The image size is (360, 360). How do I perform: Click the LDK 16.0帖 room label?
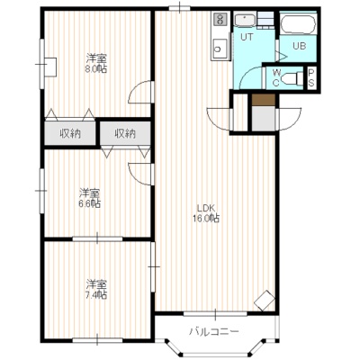pos(206,213)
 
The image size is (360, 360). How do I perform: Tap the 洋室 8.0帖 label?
pos(96,63)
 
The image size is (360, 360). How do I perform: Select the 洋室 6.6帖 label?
pos(90,198)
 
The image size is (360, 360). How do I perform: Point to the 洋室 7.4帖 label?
pos(96,290)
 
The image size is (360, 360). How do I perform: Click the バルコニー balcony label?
pos(214,332)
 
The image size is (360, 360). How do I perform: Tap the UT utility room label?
pos(247,37)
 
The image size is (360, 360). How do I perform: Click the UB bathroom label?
pos(300,46)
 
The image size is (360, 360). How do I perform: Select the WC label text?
pos(276,78)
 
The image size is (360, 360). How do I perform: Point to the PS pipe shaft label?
pos(311,77)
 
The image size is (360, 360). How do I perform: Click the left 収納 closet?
pos(70,133)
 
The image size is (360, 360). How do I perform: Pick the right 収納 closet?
pos(125,133)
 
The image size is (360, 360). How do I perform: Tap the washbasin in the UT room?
pos(245,21)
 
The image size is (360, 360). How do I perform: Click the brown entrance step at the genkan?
pos(264,100)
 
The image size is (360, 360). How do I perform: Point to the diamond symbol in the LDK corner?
pos(265,301)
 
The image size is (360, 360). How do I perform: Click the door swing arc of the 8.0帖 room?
pos(134,88)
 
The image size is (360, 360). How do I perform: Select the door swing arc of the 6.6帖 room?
pos(134,177)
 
